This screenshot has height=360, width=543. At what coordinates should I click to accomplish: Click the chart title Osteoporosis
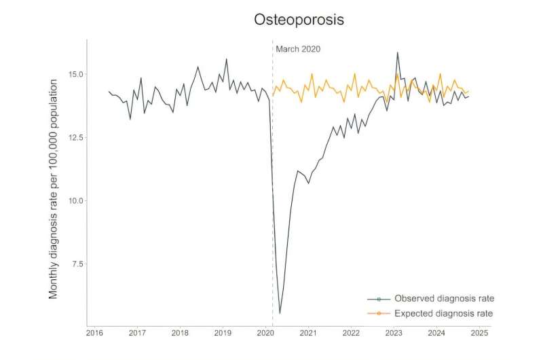[299, 20]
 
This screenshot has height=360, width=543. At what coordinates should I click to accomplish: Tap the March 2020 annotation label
[297, 49]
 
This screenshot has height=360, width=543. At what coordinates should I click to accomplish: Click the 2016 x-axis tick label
[94, 334]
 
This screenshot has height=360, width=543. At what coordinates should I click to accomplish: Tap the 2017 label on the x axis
[137, 334]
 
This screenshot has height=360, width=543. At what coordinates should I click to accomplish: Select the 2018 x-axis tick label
[180, 334]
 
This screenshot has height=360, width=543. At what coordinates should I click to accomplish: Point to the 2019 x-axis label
[223, 334]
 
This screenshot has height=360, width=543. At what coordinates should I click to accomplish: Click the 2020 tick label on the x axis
[265, 334]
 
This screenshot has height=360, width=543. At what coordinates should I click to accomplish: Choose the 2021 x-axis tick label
[308, 334]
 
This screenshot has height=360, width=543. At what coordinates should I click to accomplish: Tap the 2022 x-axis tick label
[351, 334]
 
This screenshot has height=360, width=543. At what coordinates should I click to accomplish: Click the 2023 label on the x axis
[394, 334]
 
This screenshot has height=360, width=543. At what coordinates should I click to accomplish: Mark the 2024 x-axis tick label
[436, 334]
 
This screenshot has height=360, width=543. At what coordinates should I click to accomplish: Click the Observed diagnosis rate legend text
[444, 298]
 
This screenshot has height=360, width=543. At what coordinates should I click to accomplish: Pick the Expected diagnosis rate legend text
[444, 313]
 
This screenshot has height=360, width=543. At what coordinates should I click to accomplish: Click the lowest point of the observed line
[280, 313]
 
